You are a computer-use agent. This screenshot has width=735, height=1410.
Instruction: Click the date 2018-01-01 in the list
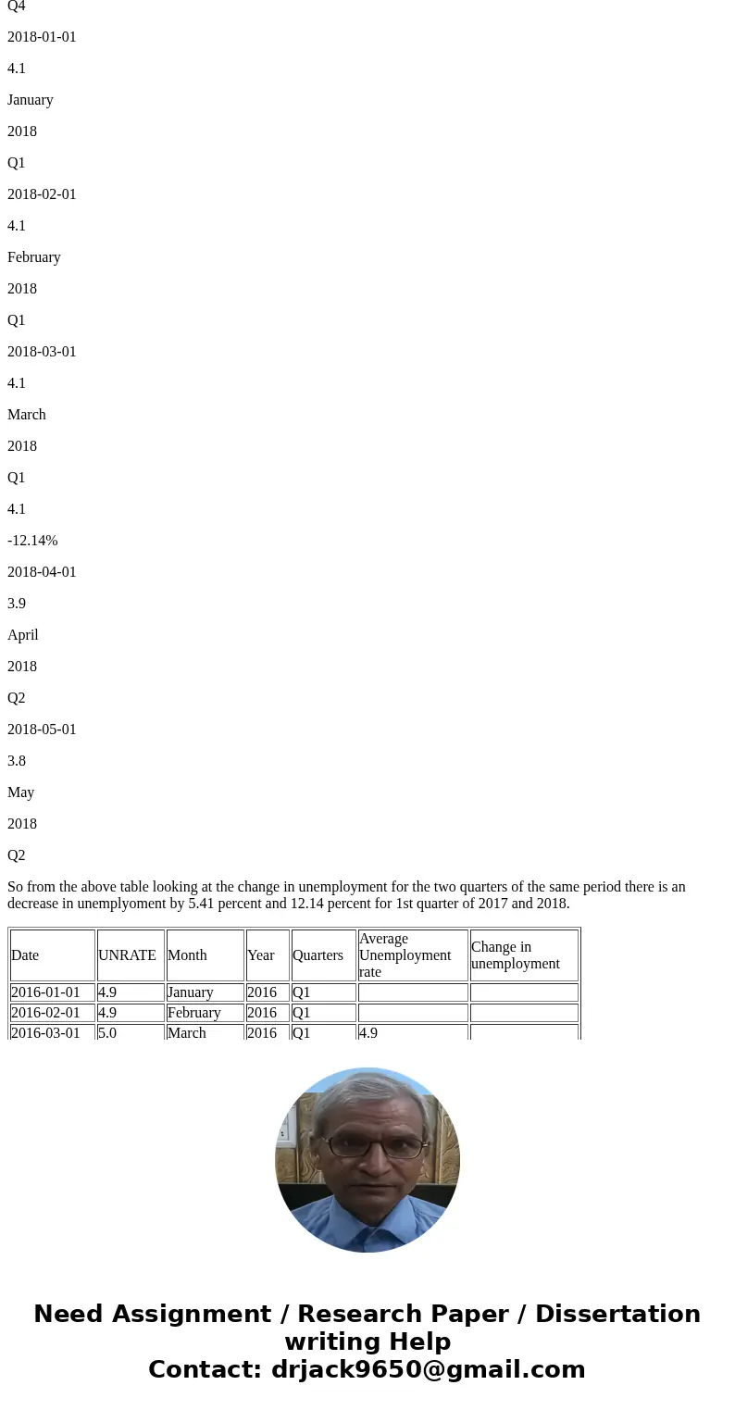tap(42, 37)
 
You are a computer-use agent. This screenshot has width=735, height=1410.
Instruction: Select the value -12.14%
tap(32, 541)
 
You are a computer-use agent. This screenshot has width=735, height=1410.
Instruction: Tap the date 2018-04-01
tap(42, 572)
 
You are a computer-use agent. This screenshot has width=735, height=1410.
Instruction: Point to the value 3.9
tap(17, 604)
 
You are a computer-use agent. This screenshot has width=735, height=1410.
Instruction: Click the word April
tap(23, 635)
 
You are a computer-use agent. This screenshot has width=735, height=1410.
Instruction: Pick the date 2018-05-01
tap(42, 730)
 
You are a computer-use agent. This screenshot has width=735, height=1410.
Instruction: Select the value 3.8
tap(17, 761)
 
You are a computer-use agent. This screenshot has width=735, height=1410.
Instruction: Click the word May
tap(20, 792)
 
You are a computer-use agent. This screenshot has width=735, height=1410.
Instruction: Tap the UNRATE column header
tap(127, 955)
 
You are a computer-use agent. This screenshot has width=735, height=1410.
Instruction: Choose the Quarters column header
tap(318, 955)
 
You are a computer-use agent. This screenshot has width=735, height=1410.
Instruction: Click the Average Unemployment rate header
tap(405, 955)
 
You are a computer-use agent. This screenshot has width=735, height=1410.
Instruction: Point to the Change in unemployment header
tap(516, 955)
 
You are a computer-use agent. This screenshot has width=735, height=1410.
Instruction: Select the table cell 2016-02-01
tap(45, 1013)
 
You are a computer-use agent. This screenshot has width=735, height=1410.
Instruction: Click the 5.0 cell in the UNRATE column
tap(107, 1032)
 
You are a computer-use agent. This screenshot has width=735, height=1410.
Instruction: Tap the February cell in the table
tap(193, 1013)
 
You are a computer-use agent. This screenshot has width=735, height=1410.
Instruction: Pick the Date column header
tap(25, 955)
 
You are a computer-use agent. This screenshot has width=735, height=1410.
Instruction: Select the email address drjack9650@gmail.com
tap(428, 1370)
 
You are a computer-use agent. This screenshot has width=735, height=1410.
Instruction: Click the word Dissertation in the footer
tap(617, 1315)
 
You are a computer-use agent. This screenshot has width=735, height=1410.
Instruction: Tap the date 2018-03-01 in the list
tap(42, 352)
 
